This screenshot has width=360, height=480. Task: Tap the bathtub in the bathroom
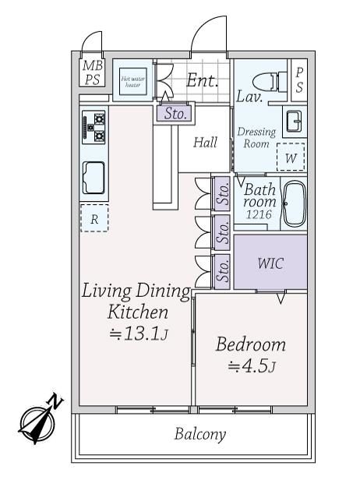294,203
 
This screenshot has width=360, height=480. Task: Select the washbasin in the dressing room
294,121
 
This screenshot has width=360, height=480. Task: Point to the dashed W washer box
291,157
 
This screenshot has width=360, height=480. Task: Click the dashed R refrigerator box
94,218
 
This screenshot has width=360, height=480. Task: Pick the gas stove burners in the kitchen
94,127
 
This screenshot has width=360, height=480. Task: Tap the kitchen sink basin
94,178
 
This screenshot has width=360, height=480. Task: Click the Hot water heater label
132,81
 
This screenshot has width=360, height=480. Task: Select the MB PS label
93,72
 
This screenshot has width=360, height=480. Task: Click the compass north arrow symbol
39,420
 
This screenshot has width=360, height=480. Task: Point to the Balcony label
200,434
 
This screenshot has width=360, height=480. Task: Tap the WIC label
270,263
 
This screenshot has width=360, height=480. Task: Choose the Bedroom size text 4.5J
252,366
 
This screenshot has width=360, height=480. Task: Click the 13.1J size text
139,334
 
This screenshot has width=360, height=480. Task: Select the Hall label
205,143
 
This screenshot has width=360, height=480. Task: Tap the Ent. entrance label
202,80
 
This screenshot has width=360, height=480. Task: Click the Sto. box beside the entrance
175,113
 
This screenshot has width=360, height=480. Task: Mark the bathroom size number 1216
259,214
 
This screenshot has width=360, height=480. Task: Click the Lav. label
249,97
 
